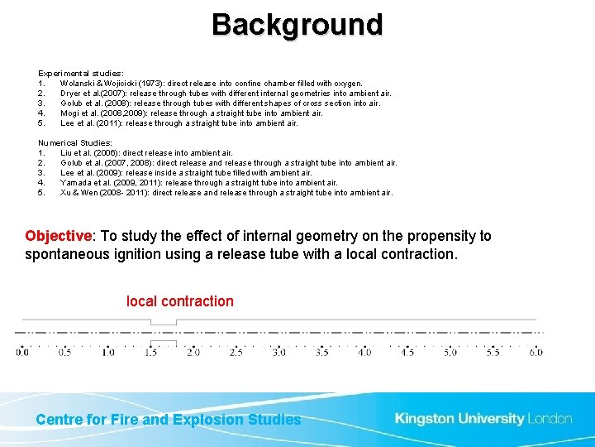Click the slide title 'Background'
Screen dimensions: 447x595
tap(297, 25)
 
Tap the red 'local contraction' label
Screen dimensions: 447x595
tap(179, 301)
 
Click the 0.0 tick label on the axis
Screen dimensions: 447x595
tap(21, 352)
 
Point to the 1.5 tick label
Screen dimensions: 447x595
tap(150, 352)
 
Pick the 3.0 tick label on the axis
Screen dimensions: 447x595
tap(278, 352)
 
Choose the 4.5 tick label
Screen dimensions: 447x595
tap(407, 352)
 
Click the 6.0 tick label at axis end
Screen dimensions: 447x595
tap(535, 352)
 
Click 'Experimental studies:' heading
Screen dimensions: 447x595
tap(81, 74)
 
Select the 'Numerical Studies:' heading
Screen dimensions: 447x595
tap(75, 143)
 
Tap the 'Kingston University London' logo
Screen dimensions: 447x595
tap(483, 419)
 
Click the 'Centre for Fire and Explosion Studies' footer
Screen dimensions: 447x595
tap(169, 420)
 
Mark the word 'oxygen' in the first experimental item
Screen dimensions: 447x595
tap(346, 84)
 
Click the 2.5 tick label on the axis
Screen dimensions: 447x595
tap(236, 352)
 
